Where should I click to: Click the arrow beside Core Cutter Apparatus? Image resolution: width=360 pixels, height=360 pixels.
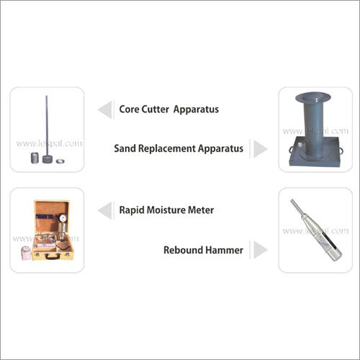tap(105, 109)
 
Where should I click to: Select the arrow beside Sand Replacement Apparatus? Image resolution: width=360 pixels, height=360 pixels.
tap(260, 149)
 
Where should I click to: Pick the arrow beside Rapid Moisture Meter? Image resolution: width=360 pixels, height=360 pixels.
tap(105, 210)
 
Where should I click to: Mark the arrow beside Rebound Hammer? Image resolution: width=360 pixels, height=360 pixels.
tap(260, 250)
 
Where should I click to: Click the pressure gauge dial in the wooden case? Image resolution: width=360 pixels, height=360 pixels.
tap(63, 217)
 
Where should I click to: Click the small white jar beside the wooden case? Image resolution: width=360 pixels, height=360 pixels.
tap(26, 253)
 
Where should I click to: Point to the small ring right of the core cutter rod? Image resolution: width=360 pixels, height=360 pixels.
tap(60, 161)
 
